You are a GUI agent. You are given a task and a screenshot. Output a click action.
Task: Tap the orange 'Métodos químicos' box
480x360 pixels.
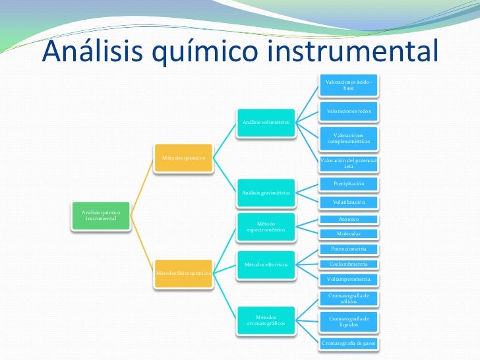coord(183,158)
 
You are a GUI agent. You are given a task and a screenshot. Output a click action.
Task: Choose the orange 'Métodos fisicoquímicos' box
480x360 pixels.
coord(183,272)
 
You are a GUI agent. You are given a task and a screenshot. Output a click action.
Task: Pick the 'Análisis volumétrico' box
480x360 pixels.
coord(266,123)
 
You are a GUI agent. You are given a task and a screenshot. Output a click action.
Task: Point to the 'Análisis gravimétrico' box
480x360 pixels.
coord(266,193)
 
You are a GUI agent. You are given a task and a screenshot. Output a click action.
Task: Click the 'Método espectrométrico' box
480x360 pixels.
coord(266,227)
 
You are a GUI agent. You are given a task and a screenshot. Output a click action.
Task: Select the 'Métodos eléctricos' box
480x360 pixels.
coord(266,264)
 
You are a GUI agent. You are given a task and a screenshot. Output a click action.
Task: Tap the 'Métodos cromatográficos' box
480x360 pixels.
coord(266,320)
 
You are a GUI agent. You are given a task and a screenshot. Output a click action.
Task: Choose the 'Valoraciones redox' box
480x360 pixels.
coord(348,111)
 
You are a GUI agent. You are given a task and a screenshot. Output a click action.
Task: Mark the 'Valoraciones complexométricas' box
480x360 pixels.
coord(348,138)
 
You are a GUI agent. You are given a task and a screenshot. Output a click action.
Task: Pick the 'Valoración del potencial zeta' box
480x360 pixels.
coord(348,164)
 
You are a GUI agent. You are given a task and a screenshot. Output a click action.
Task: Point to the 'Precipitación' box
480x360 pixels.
coord(348,183)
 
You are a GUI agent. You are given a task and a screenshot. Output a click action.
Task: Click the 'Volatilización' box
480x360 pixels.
coord(348,202)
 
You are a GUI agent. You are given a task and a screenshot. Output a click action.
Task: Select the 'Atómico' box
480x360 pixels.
coord(348,219)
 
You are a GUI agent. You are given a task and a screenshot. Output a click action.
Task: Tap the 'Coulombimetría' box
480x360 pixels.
coord(348,264)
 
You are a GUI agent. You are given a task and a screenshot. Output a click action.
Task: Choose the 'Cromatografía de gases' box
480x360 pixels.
coord(348,344)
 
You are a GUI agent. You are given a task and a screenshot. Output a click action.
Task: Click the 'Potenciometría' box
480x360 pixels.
coord(348,249)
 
